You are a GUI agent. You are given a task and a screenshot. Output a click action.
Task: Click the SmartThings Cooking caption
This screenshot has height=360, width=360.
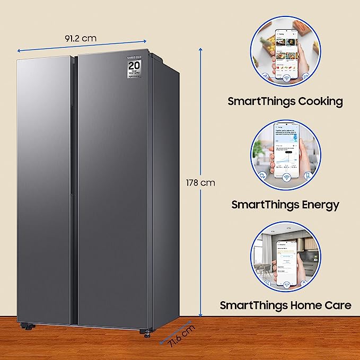(x=285, y=101)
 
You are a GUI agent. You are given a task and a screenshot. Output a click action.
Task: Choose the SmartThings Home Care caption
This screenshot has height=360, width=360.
(x=285, y=305)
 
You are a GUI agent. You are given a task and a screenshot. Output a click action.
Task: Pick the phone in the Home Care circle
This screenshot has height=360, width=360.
(x=291, y=257)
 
